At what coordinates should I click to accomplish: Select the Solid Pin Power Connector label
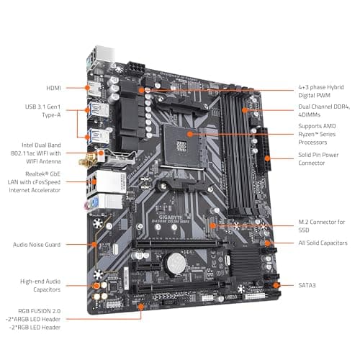(x=318, y=158)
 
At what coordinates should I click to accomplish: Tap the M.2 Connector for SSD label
(x=320, y=225)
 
